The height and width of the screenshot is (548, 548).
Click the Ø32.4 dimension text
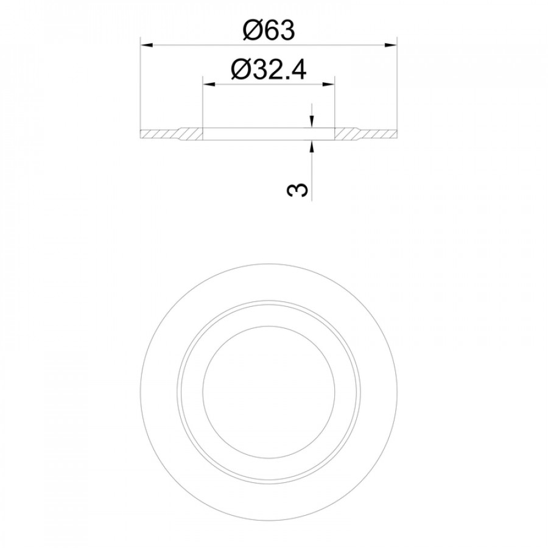pyautogui.click(x=269, y=69)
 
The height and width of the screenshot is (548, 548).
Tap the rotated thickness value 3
pyautogui.click(x=298, y=189)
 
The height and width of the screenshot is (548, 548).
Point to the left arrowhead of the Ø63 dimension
pyautogui.click(x=146, y=44)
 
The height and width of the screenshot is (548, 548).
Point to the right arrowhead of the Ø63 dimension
pyautogui.click(x=391, y=44)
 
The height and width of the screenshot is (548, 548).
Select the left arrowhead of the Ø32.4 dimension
pyautogui.click(x=209, y=84)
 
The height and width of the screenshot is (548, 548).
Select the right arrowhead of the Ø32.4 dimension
pyautogui.click(x=328, y=84)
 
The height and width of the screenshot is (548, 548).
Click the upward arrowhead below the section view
pyautogui.click(x=311, y=147)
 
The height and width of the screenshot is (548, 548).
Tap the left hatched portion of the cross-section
pyautogui.click(x=171, y=134)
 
